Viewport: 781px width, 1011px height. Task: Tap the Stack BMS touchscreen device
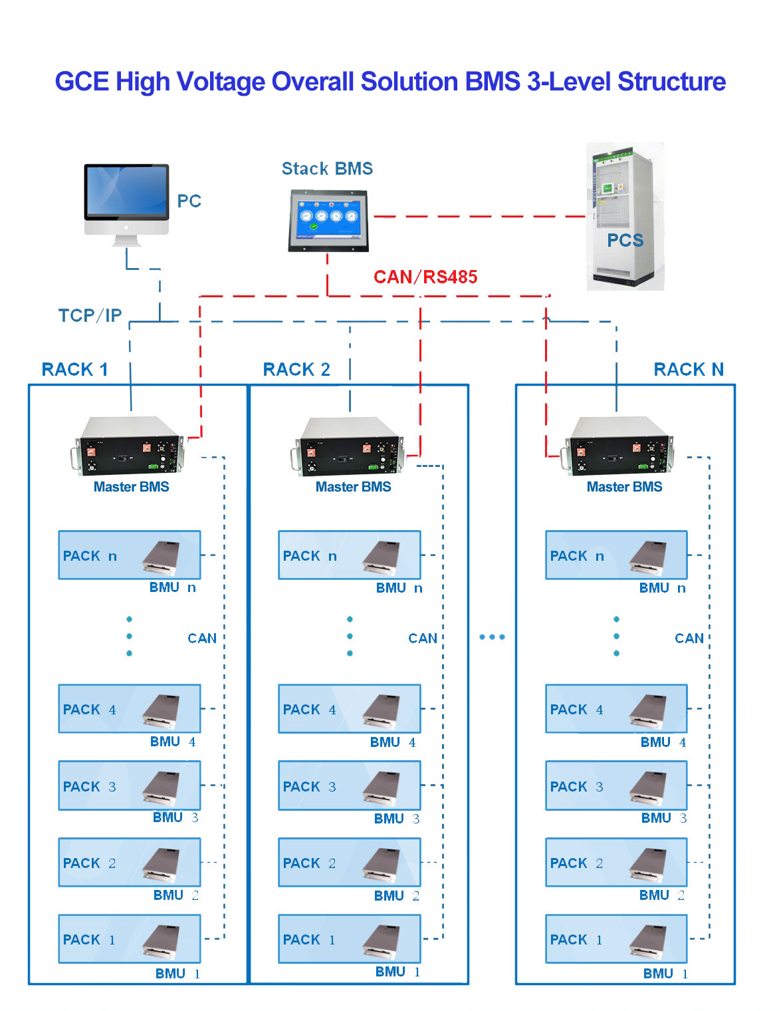(328, 219)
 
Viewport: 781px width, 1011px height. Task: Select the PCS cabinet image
(625, 216)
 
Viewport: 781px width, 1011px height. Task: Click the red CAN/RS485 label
(425, 277)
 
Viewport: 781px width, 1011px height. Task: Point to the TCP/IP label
(90, 315)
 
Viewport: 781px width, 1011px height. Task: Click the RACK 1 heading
(74, 369)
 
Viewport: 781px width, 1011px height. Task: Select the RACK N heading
(689, 369)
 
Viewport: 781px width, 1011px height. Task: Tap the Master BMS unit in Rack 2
(349, 446)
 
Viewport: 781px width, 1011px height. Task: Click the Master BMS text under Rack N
(624, 487)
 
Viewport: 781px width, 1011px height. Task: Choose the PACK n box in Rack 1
(130, 555)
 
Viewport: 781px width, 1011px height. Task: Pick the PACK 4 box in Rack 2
(349, 709)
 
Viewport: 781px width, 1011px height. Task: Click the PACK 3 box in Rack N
(616, 786)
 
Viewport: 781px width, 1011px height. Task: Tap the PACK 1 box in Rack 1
(130, 939)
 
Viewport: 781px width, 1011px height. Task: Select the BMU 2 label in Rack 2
(396, 896)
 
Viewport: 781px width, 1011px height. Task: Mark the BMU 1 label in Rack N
(665, 974)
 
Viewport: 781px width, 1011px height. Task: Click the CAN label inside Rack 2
(423, 639)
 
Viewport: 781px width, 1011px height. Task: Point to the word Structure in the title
(671, 82)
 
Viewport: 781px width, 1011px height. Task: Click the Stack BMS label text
(327, 169)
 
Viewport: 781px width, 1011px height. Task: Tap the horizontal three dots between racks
(492, 637)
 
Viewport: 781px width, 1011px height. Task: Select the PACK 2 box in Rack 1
(130, 862)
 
